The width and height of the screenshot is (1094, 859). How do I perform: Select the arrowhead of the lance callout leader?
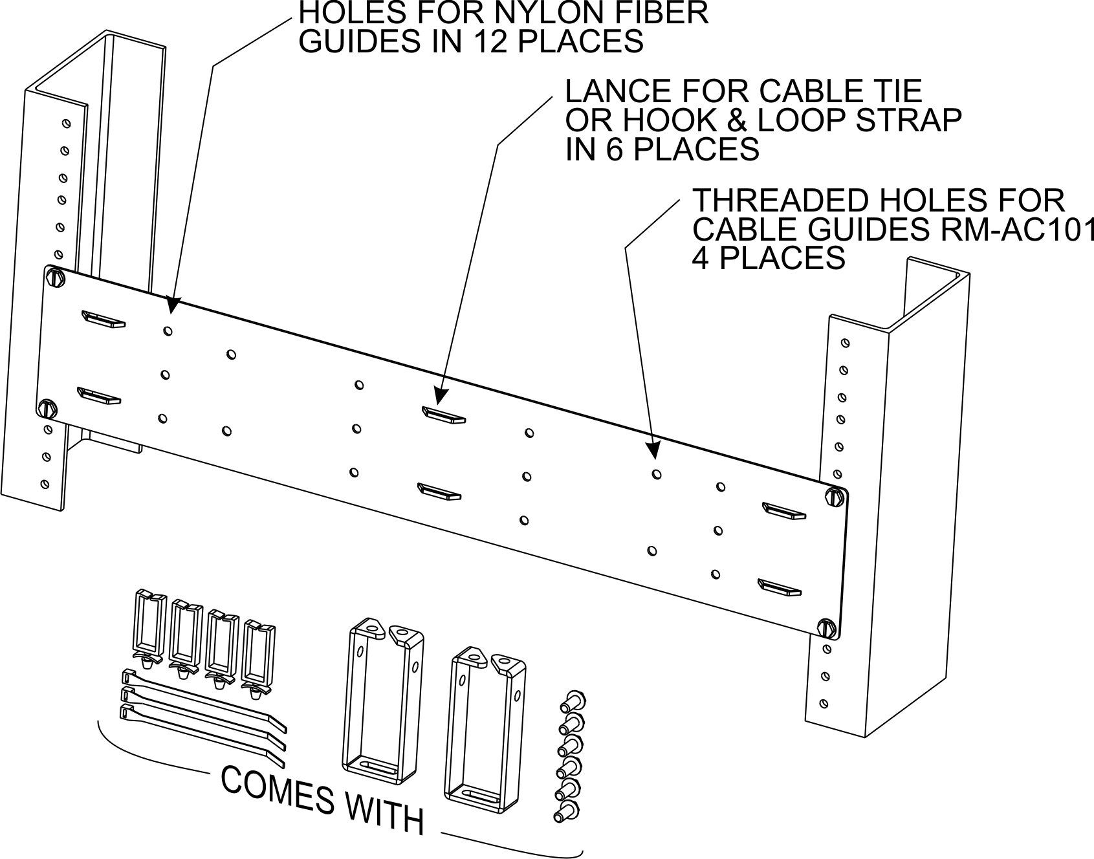(441, 396)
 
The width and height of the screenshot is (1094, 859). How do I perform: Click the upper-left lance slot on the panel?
(104, 320)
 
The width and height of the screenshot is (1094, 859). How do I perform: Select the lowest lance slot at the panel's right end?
(780, 587)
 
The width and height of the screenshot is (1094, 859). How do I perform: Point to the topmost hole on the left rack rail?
(65, 122)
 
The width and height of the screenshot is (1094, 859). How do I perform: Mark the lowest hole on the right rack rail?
(823, 702)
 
